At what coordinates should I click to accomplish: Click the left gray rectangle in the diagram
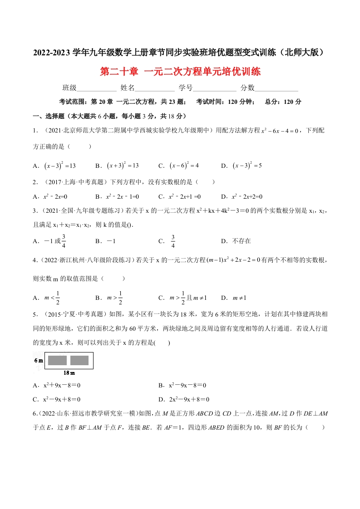pos(58,361)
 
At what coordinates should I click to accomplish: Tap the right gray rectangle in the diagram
pos(79,361)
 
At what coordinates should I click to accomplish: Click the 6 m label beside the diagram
pos(38,361)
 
